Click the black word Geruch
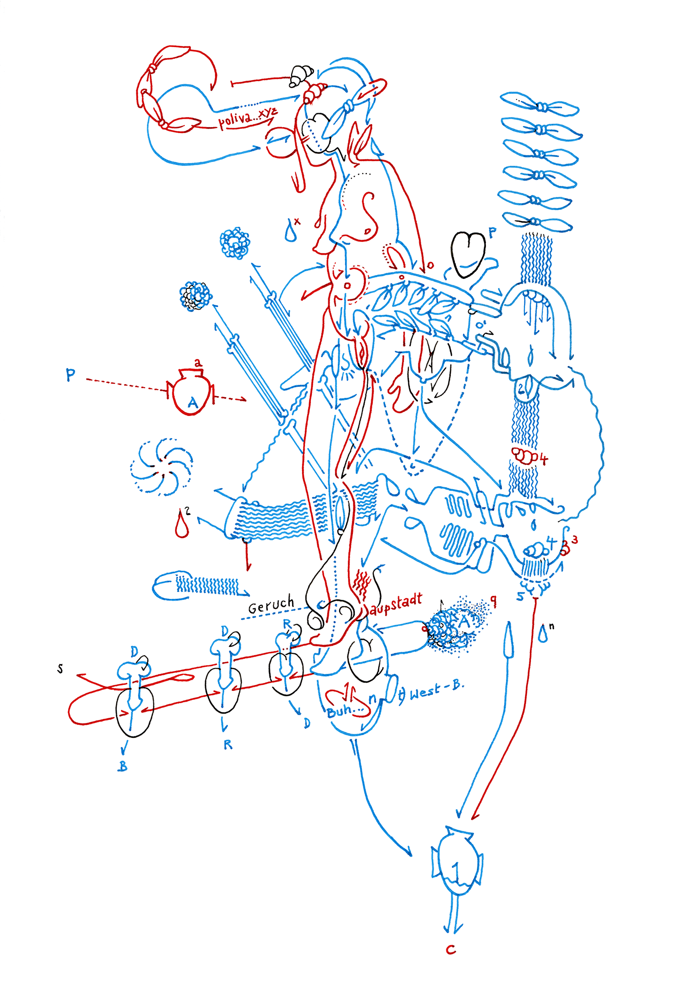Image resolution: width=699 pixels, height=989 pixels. pos(270,605)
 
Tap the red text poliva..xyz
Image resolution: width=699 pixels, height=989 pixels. pos(247,118)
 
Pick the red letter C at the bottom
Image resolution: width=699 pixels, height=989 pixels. pos(450,949)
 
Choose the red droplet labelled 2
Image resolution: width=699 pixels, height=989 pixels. pos(181,526)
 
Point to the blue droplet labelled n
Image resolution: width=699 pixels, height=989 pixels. pos(543,634)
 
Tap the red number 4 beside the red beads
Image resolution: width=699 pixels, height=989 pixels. pos(543,459)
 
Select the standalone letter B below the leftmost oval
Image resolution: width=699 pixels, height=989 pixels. pos(123,766)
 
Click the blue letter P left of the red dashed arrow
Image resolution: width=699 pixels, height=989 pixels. pos(71,375)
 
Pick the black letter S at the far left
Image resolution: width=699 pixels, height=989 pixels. pos(60,669)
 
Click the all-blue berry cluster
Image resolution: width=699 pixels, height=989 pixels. pos(235,243)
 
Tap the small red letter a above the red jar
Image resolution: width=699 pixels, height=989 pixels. pos(198,363)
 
